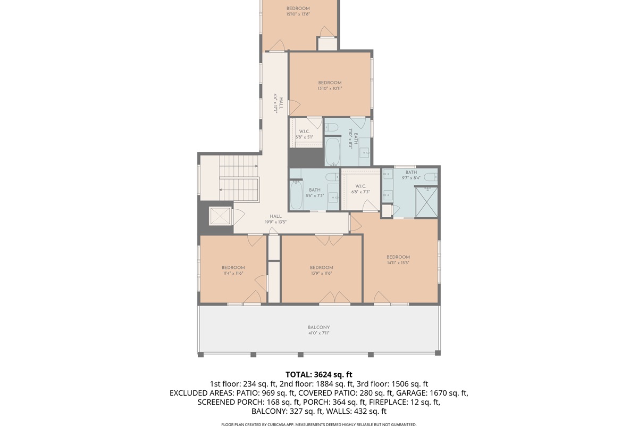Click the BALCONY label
318,327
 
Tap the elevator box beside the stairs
220,216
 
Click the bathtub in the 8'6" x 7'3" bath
297,194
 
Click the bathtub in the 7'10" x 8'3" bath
333,152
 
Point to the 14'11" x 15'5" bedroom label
398,260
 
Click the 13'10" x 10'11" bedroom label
330,85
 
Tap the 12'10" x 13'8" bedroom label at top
298,11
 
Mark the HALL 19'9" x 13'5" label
275,219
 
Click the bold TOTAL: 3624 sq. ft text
319,374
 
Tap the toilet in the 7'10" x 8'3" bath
332,127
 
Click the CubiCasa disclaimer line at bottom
319,424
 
